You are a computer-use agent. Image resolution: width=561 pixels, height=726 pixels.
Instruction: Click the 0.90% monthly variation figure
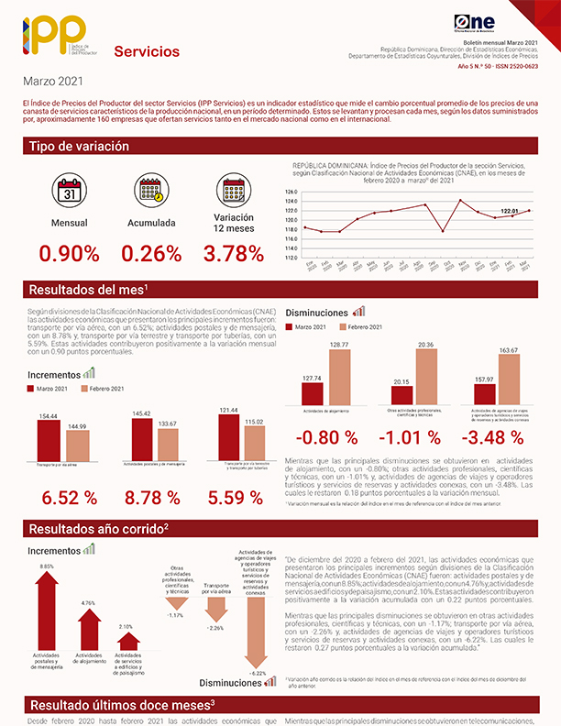(x=69, y=256)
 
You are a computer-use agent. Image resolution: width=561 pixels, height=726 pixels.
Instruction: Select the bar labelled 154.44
(x=49, y=441)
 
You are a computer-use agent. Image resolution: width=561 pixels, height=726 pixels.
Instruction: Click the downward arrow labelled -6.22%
(x=257, y=632)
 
